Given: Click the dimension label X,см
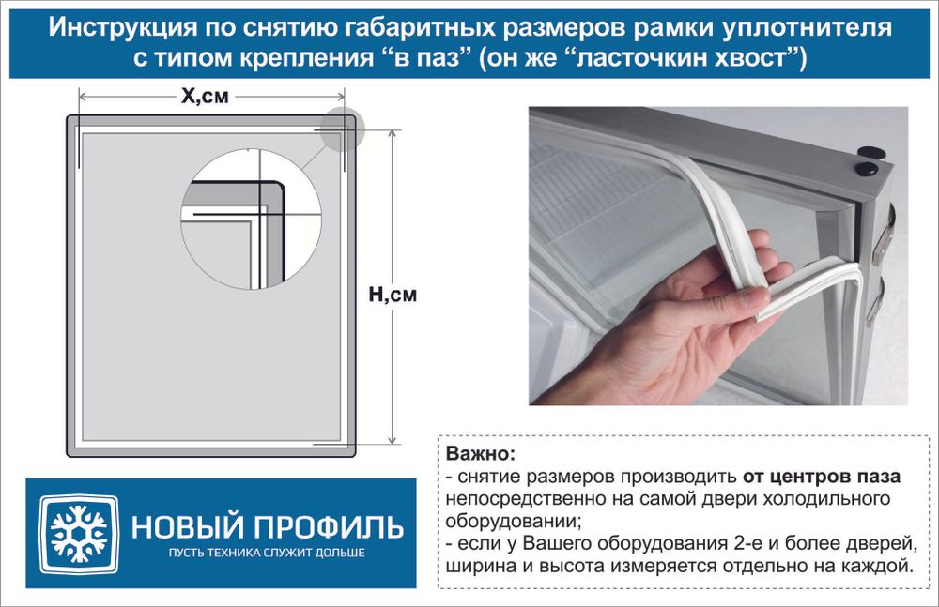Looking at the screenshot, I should [203, 96].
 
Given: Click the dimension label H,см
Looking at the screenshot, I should [392, 295].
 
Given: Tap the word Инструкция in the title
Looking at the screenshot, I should [115, 29].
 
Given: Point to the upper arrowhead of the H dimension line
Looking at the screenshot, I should [391, 134].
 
